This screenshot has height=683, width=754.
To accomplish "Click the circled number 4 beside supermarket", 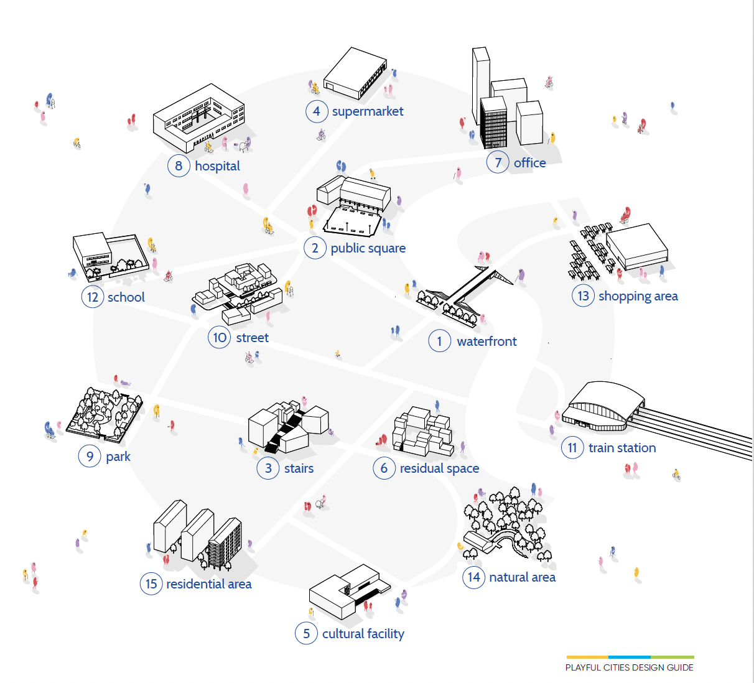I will pyautogui.click(x=317, y=111).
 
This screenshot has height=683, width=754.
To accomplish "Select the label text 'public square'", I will pyautogui.click(x=368, y=248).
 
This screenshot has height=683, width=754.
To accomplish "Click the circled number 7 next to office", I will pyautogui.click(x=498, y=162).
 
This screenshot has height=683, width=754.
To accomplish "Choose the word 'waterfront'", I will pyautogui.click(x=486, y=341).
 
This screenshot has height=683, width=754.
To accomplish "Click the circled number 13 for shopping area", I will pyautogui.click(x=583, y=296).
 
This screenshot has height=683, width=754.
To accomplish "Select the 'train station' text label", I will pyautogui.click(x=622, y=448).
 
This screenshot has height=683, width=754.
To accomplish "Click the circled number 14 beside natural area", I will pyautogui.click(x=473, y=577).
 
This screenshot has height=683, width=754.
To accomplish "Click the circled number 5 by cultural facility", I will pyautogui.click(x=306, y=633).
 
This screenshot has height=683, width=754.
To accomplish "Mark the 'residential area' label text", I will pyautogui.click(x=209, y=584).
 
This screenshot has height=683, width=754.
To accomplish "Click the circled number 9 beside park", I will pyautogui.click(x=90, y=457).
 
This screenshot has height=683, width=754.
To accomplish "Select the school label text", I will pyautogui.click(x=126, y=297).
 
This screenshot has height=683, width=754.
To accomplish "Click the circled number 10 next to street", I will pyautogui.click(x=220, y=338).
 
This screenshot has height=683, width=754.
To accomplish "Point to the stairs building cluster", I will pyautogui.click(x=287, y=426).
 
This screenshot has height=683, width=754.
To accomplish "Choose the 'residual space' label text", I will pyautogui.click(x=439, y=468).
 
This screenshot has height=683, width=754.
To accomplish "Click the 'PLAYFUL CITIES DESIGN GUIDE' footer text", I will pyautogui.click(x=629, y=667).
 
